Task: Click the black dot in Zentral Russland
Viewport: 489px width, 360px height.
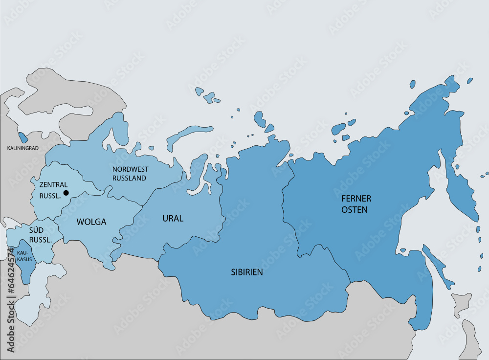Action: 66,193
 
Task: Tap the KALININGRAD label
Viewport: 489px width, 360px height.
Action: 22,147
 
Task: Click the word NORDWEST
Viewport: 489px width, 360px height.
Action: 130,169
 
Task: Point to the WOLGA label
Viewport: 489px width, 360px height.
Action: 91,222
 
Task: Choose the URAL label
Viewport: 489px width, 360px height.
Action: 173,219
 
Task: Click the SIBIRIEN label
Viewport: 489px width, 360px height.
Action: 246,272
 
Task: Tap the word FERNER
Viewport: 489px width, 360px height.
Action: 356,199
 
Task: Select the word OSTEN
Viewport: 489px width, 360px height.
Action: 355,209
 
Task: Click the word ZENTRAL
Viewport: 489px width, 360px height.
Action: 53,185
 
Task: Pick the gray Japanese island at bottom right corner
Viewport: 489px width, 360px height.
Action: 472,337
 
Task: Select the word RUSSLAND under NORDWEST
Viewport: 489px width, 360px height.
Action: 129,178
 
